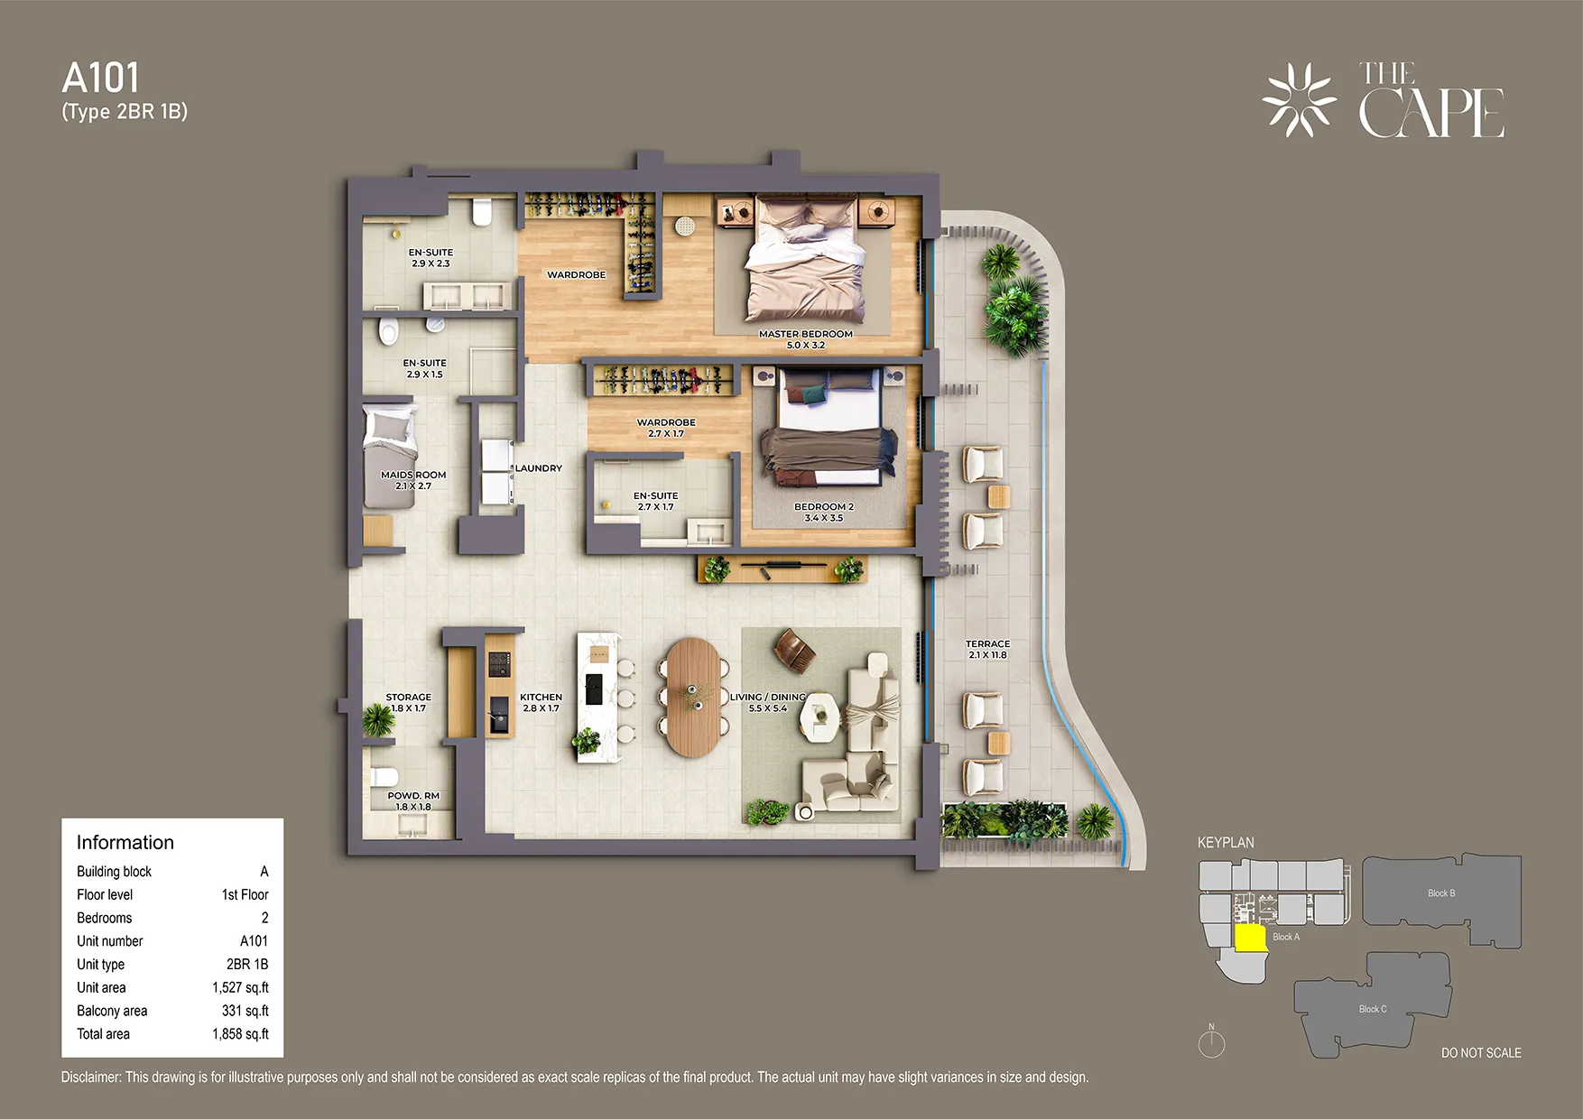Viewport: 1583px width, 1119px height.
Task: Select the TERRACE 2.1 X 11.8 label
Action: (x=987, y=650)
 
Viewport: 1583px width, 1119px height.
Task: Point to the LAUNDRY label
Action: (x=539, y=468)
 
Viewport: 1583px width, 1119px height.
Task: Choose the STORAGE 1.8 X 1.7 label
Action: (x=408, y=702)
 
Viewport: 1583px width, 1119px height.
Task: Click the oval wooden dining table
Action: (x=693, y=697)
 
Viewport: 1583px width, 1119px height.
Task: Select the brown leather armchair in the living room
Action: (x=794, y=650)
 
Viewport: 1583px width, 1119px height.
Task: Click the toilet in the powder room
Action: (x=385, y=777)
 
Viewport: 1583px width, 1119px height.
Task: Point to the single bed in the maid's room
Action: (x=388, y=456)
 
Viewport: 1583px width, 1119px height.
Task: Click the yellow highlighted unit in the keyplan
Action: (x=1249, y=939)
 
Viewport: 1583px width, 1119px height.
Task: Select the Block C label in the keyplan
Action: (x=1372, y=1009)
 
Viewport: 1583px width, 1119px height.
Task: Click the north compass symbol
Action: (x=1211, y=1042)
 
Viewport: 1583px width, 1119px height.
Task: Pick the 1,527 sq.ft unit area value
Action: (x=240, y=987)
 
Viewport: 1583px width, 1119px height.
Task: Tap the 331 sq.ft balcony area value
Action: (x=245, y=1011)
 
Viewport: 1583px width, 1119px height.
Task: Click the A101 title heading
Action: (x=101, y=79)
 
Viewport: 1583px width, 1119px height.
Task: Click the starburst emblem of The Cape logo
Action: (x=1300, y=100)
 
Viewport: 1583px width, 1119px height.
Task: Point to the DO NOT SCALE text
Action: (x=1480, y=1053)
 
